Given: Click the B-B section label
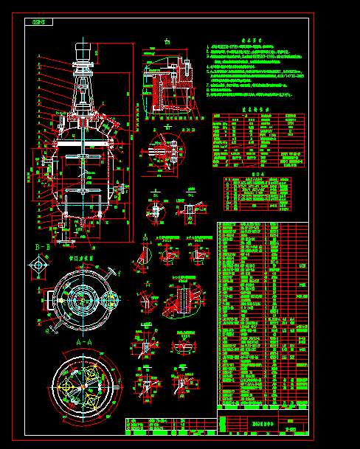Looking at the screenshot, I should click(x=41, y=246).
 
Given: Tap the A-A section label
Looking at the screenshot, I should click(x=84, y=344).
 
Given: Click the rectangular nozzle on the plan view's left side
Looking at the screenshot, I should click(x=49, y=300).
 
